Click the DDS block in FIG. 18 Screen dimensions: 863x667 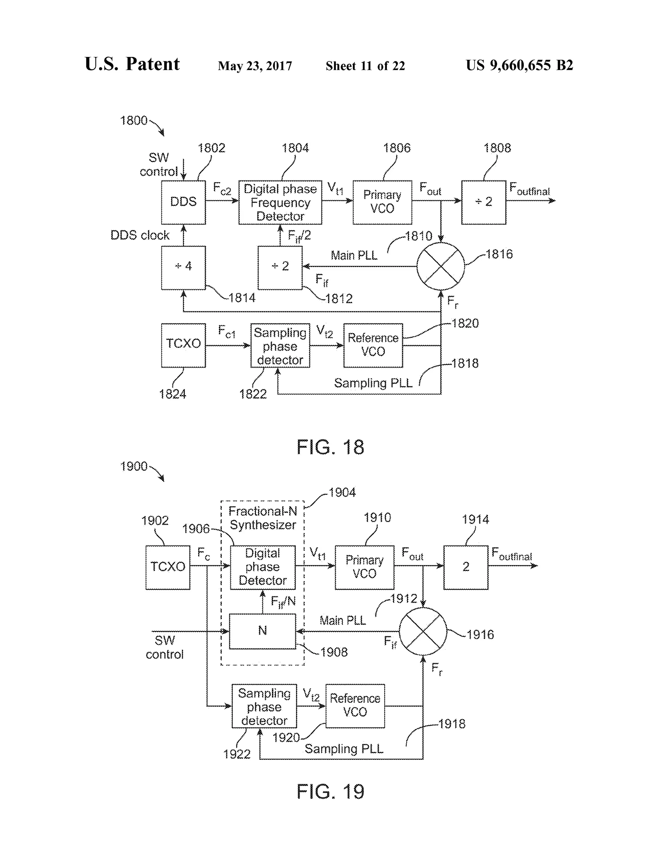(183, 202)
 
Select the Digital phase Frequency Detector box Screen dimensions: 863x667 (280, 202)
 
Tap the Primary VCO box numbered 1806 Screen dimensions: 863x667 (382, 202)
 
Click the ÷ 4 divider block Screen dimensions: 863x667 (183, 267)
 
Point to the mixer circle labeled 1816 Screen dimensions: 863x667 (441, 266)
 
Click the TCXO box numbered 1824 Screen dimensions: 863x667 (183, 345)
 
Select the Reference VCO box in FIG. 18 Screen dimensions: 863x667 (373, 345)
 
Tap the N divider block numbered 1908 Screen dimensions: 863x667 (263, 631)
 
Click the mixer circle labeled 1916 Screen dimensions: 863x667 (423, 631)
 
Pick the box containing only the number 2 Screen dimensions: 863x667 (465, 567)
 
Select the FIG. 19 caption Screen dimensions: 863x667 (330, 791)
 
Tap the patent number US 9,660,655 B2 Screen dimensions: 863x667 (519, 65)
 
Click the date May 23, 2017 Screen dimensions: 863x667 (255, 65)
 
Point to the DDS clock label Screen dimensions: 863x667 (139, 235)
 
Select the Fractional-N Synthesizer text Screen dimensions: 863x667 (263, 518)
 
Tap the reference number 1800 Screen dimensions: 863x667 (134, 120)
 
